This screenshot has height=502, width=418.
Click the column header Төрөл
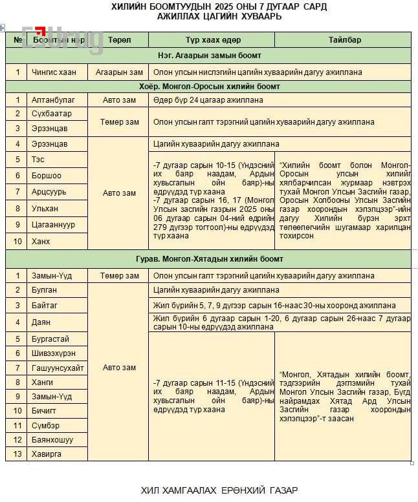pos(119,40)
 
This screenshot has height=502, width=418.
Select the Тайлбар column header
pos(344,40)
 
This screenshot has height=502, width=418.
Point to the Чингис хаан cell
pos(54,72)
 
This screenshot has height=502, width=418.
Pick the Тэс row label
pos(38,160)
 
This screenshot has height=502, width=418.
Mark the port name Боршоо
pos(46,176)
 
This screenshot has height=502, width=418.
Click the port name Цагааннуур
pos(53,225)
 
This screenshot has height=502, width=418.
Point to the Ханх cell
pos(41,241)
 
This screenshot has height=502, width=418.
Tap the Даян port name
pos(41,322)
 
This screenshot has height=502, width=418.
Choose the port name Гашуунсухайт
pos(58,368)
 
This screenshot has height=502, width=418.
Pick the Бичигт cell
pos(44,410)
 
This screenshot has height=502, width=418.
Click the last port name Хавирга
pos(48,454)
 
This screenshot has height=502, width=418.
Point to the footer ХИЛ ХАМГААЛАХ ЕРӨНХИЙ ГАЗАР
pos(219,490)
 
